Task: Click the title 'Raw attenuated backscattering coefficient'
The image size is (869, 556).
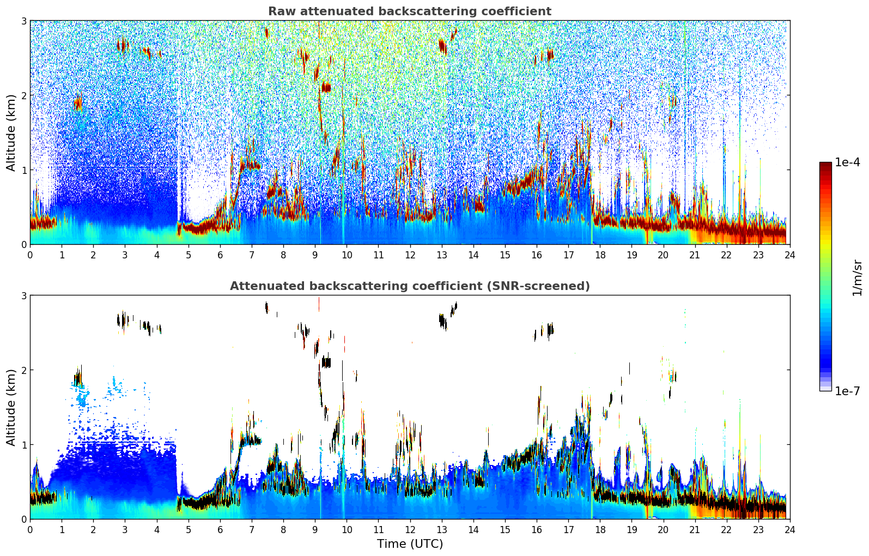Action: pos(409,11)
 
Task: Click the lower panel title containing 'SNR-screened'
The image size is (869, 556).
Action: pos(409,286)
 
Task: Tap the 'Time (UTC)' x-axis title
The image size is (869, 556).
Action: pos(410,543)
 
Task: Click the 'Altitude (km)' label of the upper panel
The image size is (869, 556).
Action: pos(11,132)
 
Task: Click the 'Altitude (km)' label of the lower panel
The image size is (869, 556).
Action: pos(11,407)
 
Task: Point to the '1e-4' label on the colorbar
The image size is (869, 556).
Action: pos(847,162)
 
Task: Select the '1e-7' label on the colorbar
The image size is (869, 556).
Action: pos(847,391)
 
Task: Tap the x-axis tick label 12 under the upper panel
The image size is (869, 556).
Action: pos(410,255)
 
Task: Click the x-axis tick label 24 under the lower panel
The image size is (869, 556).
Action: pos(789,529)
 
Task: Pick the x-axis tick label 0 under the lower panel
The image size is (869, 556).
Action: pos(30,529)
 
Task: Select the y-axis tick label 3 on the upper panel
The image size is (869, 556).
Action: pos(23,21)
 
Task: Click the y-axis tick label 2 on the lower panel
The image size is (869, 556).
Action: pos(23,370)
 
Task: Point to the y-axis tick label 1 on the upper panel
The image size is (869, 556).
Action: pos(23,170)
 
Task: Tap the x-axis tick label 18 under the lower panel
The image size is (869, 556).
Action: pos(600,529)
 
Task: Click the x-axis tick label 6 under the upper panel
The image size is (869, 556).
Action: pos(220,255)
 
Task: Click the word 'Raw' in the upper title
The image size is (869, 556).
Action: pos(279,11)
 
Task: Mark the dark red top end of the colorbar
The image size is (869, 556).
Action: pos(825,165)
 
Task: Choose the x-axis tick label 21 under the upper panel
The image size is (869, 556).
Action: pos(695,255)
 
